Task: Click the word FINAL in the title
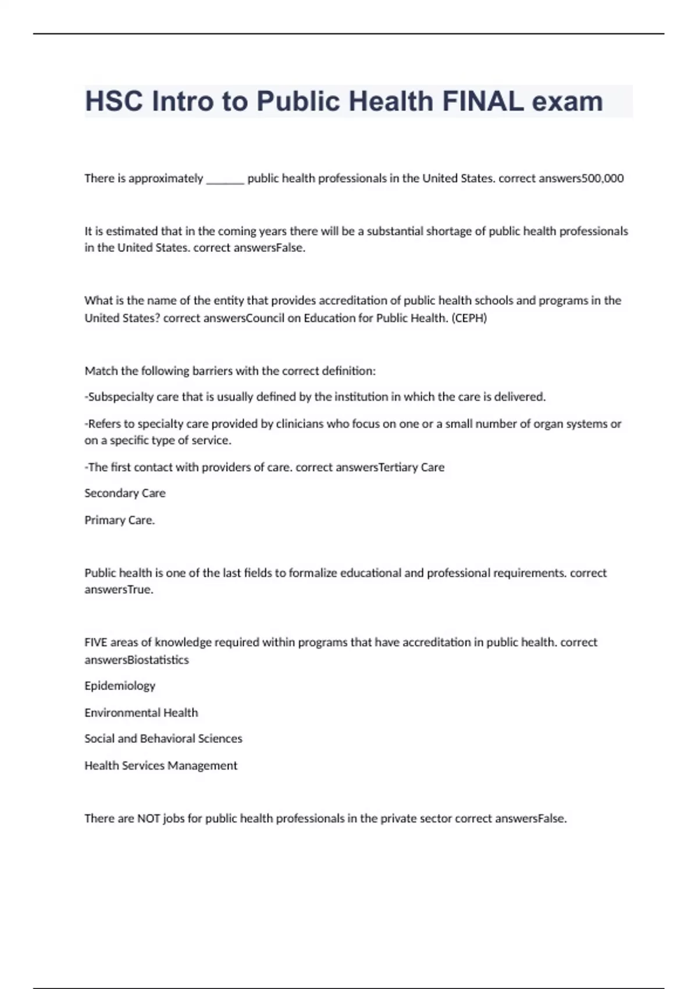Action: (482, 101)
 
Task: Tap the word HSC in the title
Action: (114, 101)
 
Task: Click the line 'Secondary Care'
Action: (125, 493)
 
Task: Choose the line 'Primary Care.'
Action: (120, 520)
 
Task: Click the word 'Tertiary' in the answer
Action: (398, 467)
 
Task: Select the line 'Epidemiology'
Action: (120, 686)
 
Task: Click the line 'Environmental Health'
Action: (141, 713)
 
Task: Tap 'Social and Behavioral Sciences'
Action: (163, 739)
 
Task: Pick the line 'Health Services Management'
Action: (161, 766)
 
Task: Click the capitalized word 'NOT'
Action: (148, 819)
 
